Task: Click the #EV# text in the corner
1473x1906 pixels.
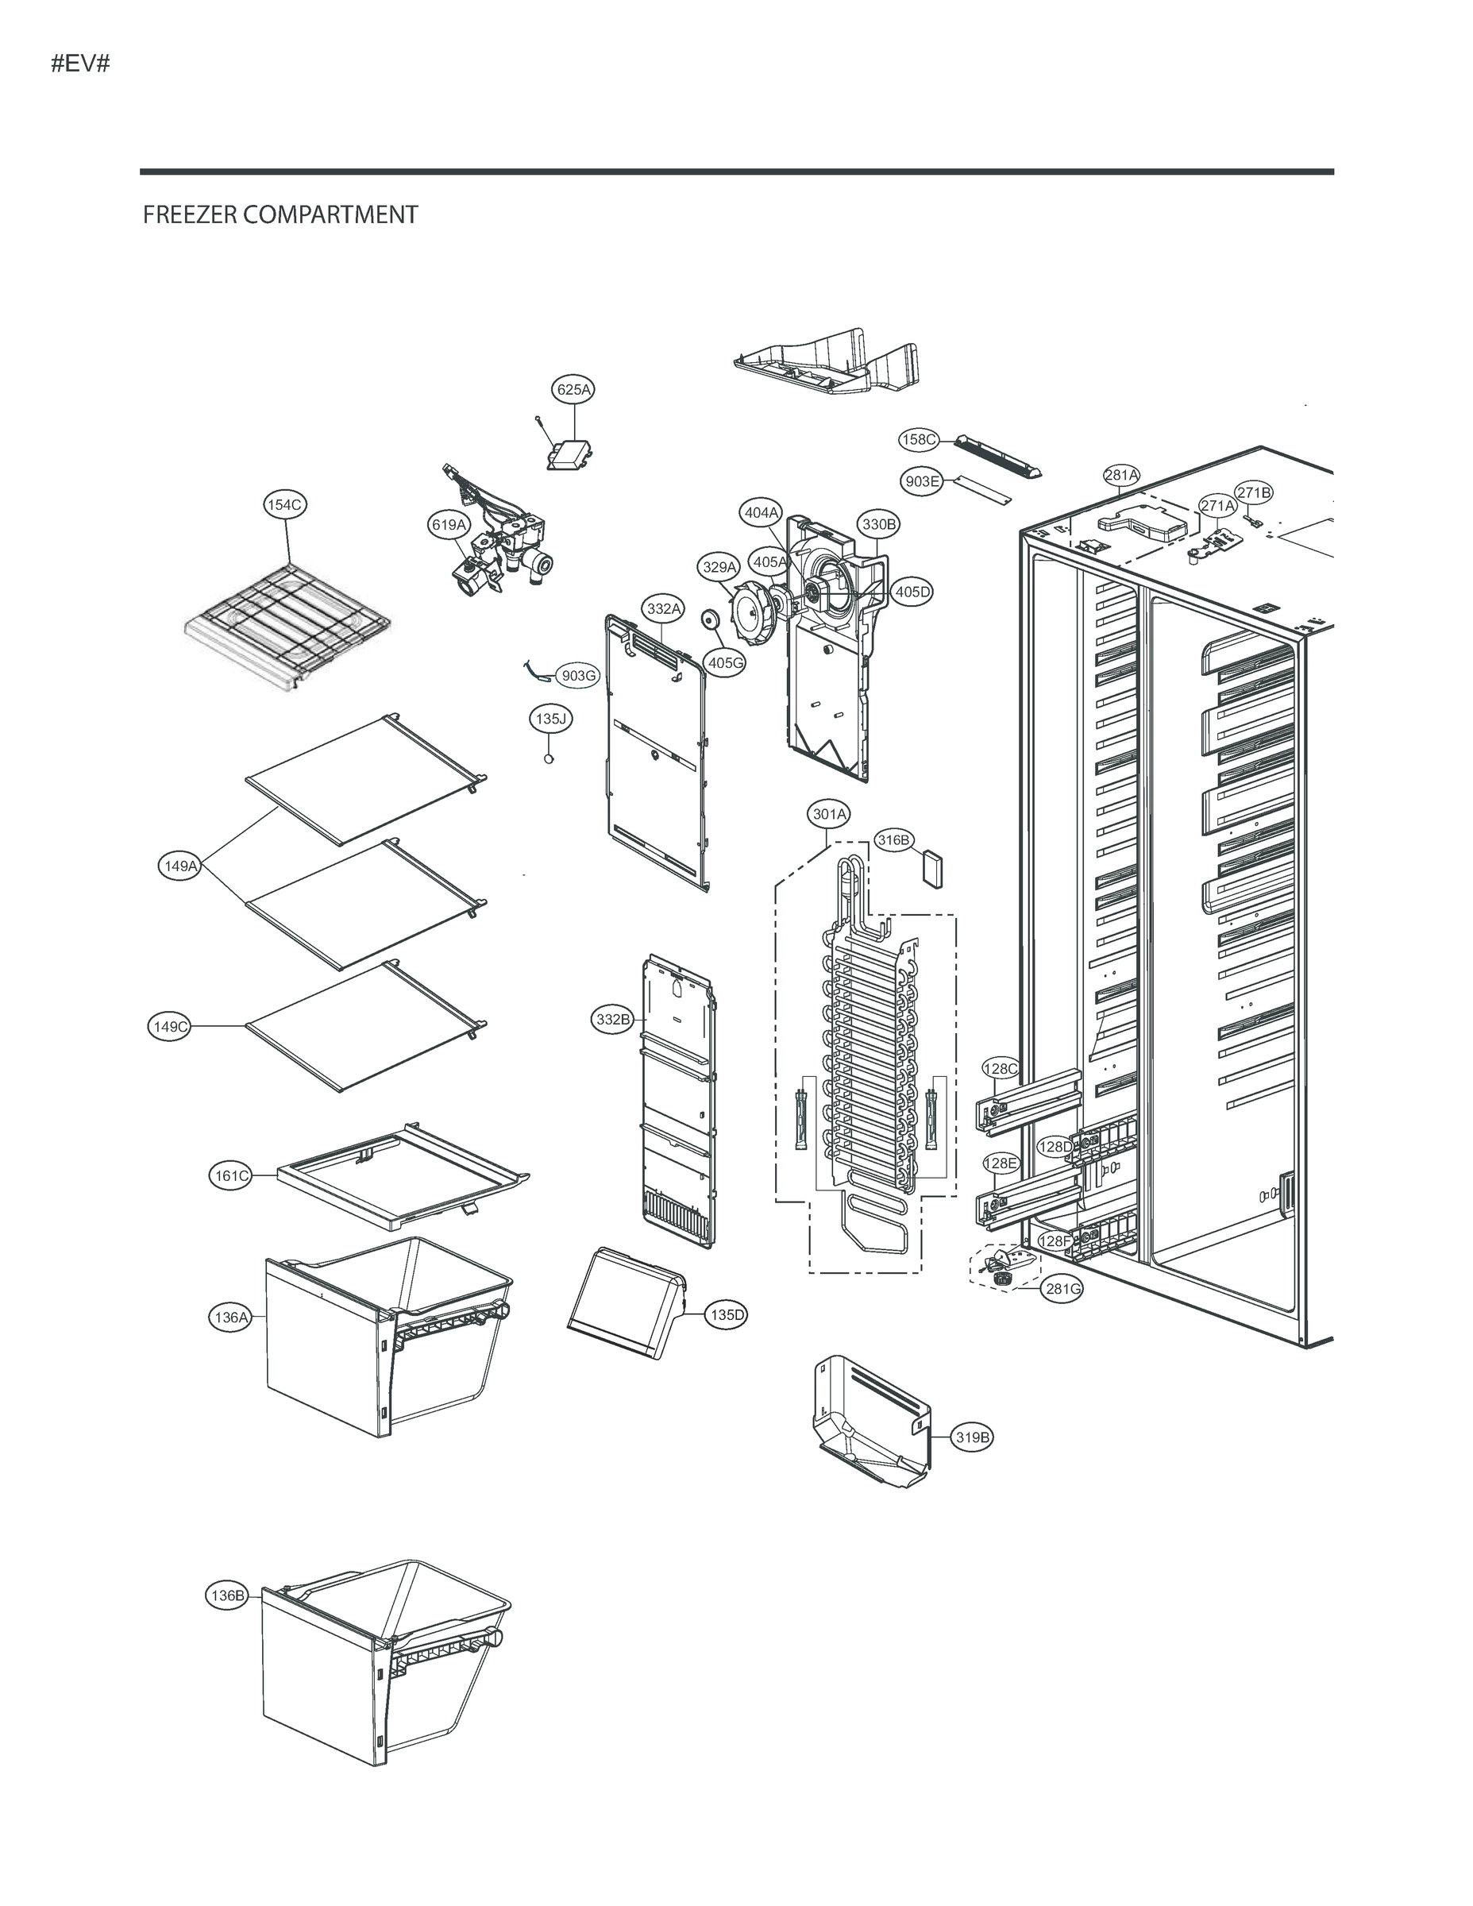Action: pyautogui.click(x=80, y=64)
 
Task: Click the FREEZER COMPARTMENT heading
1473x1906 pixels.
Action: pyautogui.click(x=280, y=214)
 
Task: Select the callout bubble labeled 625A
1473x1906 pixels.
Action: pyautogui.click(x=573, y=389)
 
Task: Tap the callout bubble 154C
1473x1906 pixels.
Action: pyautogui.click(x=285, y=504)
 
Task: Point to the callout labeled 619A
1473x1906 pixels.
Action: pyautogui.click(x=449, y=524)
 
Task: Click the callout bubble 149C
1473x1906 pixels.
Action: pyautogui.click(x=170, y=1027)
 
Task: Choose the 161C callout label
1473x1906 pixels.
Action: pyautogui.click(x=232, y=1175)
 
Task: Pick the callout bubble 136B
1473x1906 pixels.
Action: pyautogui.click(x=228, y=1596)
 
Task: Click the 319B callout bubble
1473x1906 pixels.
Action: pyautogui.click(x=972, y=1437)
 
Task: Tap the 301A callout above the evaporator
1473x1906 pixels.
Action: pyautogui.click(x=829, y=814)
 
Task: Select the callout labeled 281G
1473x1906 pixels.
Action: pyautogui.click(x=1062, y=1289)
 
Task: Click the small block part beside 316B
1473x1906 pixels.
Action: pyautogui.click(x=933, y=870)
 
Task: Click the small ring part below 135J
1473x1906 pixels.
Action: pyautogui.click(x=549, y=759)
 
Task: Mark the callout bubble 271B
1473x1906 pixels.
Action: pyautogui.click(x=1253, y=492)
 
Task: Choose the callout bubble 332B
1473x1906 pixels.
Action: pyautogui.click(x=612, y=1020)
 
